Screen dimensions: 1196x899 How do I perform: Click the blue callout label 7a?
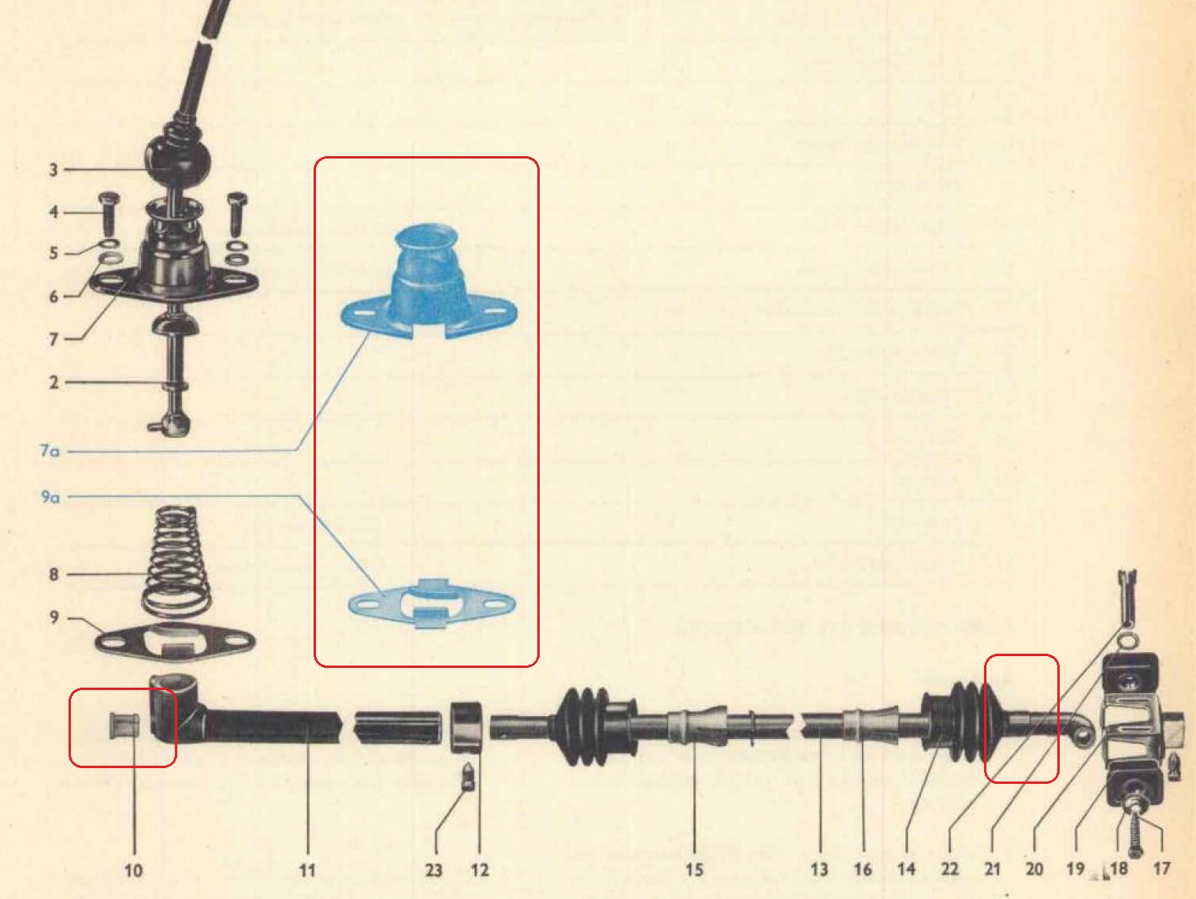click(50, 451)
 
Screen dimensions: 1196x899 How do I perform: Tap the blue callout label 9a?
click(50, 497)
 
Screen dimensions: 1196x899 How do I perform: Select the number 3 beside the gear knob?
click(53, 170)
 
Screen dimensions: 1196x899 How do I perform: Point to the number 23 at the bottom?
click(433, 870)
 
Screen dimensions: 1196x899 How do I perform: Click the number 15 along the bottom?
click(694, 870)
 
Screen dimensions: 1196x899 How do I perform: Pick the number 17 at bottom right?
click(1161, 868)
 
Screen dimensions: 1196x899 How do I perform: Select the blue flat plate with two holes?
click(432, 603)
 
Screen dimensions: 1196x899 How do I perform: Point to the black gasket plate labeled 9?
click(175, 642)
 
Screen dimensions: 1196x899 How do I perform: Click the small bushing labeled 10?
click(124, 724)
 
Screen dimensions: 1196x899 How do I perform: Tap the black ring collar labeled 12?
click(466, 727)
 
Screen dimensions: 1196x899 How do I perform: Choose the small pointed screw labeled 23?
click(468, 776)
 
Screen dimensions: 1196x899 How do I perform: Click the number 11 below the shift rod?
click(307, 870)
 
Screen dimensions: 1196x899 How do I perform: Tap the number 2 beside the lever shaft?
click(54, 382)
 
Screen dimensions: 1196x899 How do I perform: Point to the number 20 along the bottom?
click(1034, 868)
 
